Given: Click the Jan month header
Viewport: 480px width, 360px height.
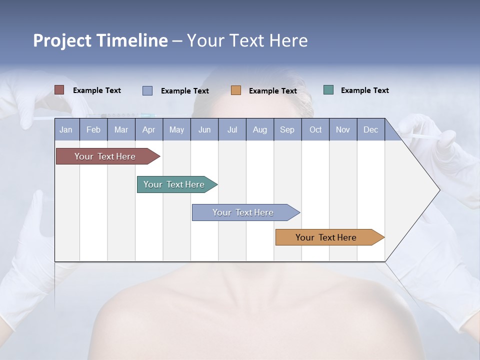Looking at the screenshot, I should [66, 129].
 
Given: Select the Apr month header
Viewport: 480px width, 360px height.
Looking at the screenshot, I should [148, 129].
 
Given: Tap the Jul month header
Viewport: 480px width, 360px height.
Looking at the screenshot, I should [232, 129].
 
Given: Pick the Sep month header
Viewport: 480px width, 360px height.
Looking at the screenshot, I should [287, 129].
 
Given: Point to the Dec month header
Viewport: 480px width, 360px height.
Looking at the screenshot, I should [370, 129].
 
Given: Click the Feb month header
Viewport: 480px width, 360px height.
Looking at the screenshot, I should [93, 129].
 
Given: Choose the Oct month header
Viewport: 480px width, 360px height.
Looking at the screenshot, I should [315, 129].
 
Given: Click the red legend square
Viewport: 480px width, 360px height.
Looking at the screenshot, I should [59, 90].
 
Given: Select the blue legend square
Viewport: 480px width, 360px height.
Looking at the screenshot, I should [147, 90].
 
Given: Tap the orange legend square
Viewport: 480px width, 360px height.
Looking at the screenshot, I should [236, 90].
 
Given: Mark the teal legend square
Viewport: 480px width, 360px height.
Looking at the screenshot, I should [328, 90].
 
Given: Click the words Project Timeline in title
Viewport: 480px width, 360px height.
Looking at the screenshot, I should [100, 40].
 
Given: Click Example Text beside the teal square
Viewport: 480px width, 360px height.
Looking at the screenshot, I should [364, 90].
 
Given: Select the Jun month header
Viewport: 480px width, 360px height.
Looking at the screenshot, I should [204, 129].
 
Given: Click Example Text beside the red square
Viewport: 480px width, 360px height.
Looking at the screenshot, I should [96, 90].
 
